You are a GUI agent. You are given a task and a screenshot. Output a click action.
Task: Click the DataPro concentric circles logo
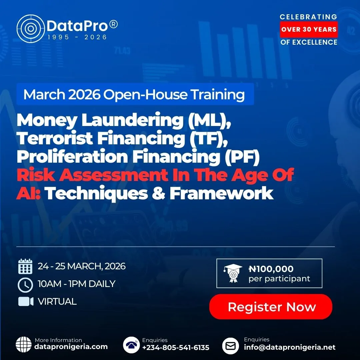click(31, 29)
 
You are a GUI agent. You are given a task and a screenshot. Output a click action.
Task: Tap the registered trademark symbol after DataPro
click(114, 24)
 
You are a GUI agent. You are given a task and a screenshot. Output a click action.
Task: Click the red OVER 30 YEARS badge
click(309, 29)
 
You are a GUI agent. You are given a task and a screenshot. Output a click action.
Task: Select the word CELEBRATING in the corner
click(308, 17)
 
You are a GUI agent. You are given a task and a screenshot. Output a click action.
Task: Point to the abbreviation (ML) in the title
click(209, 120)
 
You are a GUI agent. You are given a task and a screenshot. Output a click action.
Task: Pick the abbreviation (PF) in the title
click(242, 157)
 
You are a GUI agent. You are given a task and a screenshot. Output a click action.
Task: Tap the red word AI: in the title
click(28, 193)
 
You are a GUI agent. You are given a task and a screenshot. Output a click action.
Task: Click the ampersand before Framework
click(158, 193)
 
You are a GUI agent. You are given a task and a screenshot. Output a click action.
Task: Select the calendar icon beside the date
click(25, 266)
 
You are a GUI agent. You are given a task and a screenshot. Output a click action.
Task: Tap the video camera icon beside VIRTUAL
click(26, 301)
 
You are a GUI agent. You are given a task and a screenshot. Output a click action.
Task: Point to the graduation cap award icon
click(233, 273)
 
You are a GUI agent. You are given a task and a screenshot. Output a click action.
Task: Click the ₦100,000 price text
click(271, 269)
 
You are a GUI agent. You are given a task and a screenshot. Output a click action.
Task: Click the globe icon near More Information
click(24, 344)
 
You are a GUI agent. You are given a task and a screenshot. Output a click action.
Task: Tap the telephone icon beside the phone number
click(131, 345)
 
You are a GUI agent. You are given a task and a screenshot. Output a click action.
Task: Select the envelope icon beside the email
click(231, 346)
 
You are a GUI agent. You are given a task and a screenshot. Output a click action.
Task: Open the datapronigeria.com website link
click(71, 347)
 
